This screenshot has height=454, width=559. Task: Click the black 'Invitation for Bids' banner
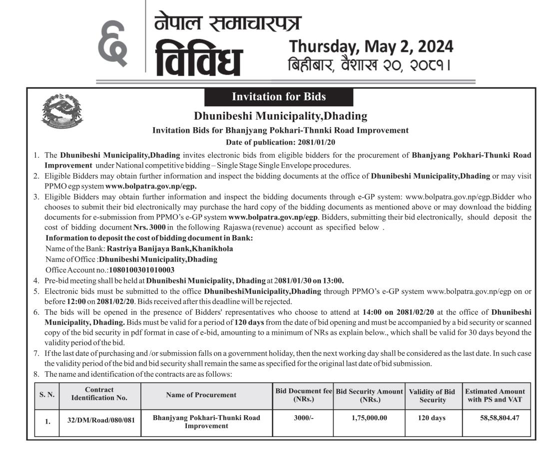coord(279,97)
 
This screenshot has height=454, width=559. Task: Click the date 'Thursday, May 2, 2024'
coord(371,46)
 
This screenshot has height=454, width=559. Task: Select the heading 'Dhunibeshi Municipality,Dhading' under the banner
coord(280,117)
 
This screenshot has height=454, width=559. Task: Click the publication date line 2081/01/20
coord(280,142)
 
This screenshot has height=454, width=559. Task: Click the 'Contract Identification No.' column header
coord(99,394)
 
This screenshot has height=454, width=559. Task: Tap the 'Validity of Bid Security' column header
coord(432,396)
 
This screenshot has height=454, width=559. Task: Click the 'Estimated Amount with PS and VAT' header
coord(495,396)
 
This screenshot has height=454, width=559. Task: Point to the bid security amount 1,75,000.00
coord(369,418)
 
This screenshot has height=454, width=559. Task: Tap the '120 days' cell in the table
coord(432,418)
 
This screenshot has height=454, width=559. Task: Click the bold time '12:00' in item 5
coord(76,302)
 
